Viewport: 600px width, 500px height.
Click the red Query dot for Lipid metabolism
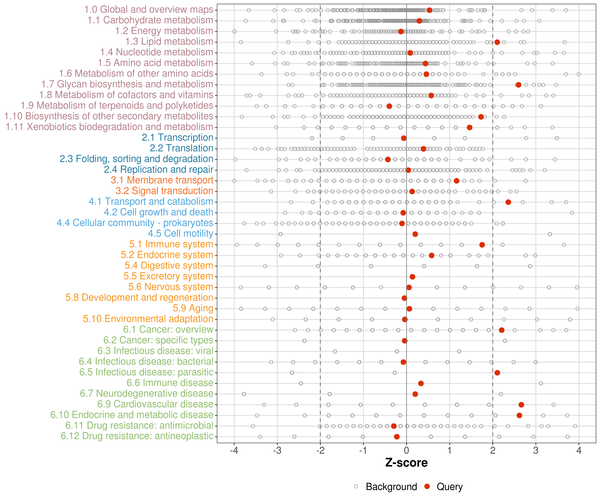497,42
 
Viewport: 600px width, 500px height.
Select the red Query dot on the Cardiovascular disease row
521,404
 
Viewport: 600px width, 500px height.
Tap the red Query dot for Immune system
482,245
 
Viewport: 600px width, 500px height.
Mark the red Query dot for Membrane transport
456,181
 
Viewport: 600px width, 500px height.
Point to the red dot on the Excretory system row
412,277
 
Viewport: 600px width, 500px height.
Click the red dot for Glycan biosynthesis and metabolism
518,85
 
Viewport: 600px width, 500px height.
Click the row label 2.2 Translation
181,148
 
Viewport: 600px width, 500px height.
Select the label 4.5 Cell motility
180,233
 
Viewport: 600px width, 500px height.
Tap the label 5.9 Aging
193,308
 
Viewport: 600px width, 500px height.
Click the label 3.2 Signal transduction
164,191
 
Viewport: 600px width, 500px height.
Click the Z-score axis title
406,463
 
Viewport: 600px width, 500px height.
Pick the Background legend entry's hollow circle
356,486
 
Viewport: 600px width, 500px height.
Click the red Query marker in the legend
427,486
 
